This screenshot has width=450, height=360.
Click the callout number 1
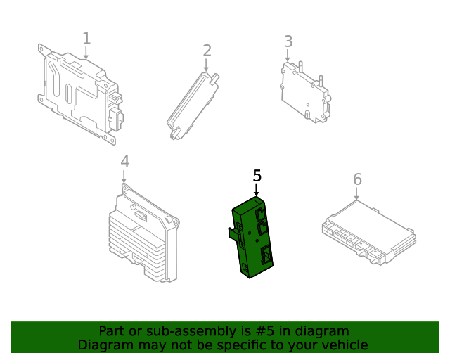click(x=86, y=38)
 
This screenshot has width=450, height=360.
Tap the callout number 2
click(x=207, y=51)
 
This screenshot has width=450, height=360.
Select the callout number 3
click(x=288, y=41)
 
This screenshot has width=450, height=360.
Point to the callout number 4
click(x=124, y=162)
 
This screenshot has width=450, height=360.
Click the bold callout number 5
click(x=257, y=176)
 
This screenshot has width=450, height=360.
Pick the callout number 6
click(x=357, y=179)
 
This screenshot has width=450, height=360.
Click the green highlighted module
click(x=252, y=239)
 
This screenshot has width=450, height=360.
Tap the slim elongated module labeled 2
click(x=193, y=105)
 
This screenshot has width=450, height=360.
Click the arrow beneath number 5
click(x=257, y=191)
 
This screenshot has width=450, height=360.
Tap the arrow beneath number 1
click(x=86, y=53)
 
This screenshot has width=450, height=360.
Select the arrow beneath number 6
click(x=357, y=195)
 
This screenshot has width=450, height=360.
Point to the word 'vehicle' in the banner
click(x=344, y=345)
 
